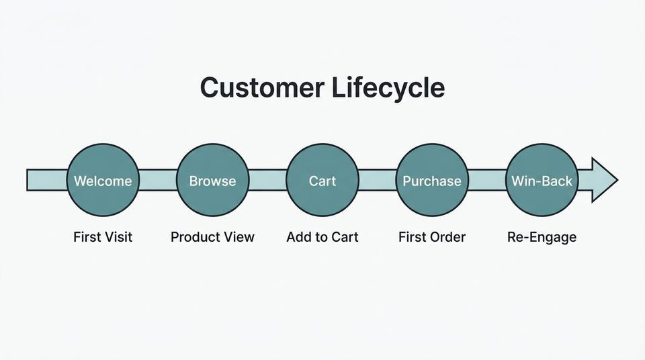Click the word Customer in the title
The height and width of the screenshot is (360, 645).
pos(259,88)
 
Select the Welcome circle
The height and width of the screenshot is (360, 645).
pos(103,180)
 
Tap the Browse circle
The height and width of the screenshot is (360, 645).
pos(212,180)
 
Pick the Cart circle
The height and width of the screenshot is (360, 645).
pos(322,180)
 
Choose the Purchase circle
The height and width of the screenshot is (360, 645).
pos(432,180)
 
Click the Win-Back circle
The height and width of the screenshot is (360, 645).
pos(542,180)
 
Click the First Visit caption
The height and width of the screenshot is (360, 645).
pos(103,236)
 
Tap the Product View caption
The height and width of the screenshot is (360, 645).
pos(212,236)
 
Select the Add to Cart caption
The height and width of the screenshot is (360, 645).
pos(322,236)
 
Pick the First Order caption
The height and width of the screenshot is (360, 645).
pos(432,236)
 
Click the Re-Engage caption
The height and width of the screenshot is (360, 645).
pos(542,237)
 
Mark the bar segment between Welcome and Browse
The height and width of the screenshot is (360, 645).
pos(157,180)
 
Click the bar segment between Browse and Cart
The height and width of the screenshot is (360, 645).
pos(267,180)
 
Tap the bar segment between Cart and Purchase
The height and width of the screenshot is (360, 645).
pos(377,180)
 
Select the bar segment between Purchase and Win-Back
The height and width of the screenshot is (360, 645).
pos(486,180)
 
